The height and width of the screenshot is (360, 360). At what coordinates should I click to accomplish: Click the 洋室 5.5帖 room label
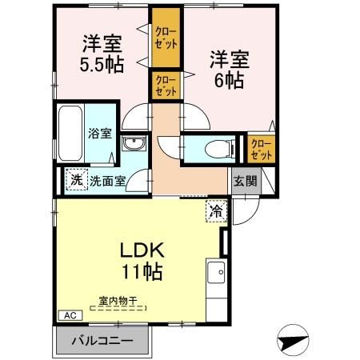[x=102, y=54]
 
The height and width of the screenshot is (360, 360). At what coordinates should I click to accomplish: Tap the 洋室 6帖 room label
[x=229, y=69]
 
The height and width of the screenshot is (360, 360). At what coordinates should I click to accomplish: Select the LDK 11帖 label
[x=141, y=260]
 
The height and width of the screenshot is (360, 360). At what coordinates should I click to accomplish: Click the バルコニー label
[x=102, y=340]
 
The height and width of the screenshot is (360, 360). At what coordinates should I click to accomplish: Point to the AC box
[x=70, y=315]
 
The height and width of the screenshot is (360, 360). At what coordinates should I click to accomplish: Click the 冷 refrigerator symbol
[x=216, y=212]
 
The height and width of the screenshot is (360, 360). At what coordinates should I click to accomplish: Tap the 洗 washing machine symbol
[x=76, y=181]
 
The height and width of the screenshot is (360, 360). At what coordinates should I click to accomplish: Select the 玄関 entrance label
[x=245, y=181]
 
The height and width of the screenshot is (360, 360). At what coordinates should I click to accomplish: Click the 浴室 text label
[x=100, y=134]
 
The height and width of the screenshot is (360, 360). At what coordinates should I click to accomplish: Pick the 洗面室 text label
[x=107, y=182]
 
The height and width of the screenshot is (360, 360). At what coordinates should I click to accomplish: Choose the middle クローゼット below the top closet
[x=167, y=85]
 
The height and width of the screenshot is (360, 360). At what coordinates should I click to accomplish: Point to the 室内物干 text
[x=118, y=302]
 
